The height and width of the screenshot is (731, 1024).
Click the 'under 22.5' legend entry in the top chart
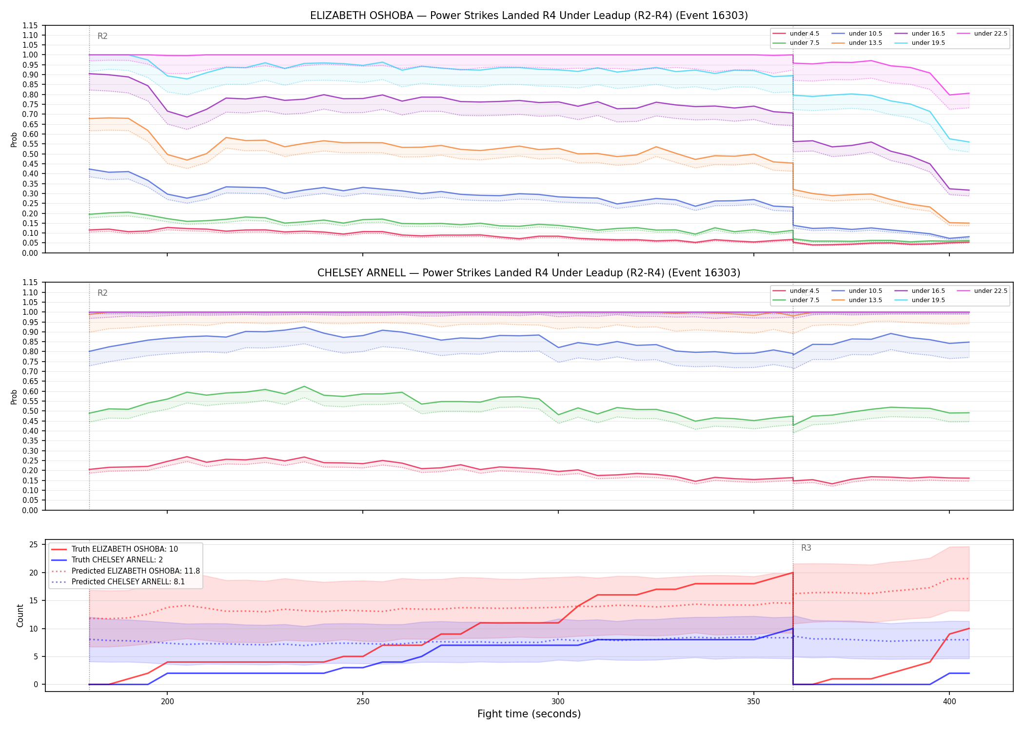coord(982,34)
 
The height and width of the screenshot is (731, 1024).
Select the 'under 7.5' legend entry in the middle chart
coord(796,300)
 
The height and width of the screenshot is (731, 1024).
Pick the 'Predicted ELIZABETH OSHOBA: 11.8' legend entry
coord(125,571)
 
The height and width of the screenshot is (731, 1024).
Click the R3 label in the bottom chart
coord(806,548)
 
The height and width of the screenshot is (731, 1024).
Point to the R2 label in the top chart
coord(102,36)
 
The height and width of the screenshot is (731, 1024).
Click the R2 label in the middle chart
coord(102,293)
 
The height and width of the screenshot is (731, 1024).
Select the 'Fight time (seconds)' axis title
coord(529,714)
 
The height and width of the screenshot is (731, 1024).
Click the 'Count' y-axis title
coord(20,616)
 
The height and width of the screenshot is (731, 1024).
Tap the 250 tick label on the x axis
coord(362,701)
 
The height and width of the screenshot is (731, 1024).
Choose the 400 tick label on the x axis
coord(949,701)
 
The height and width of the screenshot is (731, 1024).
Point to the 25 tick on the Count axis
coord(34,545)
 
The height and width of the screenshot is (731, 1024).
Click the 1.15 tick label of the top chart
coord(30,25)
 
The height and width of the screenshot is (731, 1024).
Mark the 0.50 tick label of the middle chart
coord(30,411)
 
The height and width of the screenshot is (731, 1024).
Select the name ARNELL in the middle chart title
coord(387,273)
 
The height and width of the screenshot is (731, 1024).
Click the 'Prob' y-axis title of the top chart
coord(14,139)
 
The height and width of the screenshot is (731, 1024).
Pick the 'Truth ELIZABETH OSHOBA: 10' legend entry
coord(115,549)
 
